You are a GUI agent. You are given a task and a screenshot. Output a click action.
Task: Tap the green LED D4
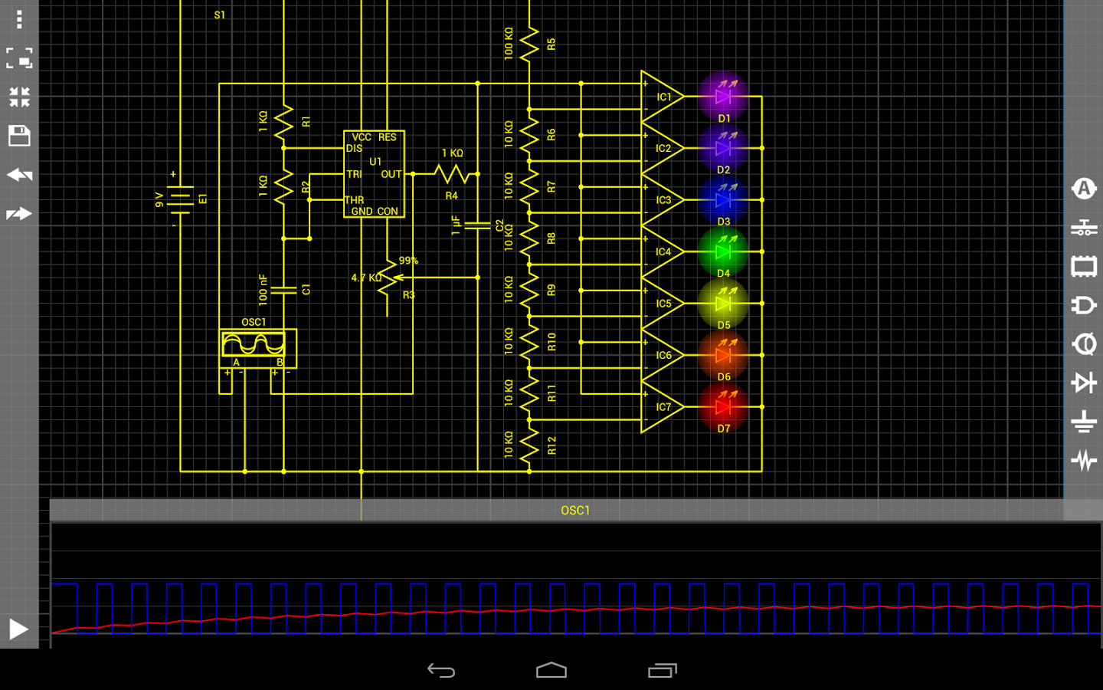[723, 251]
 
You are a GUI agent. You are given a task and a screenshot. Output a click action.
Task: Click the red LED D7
[723, 407]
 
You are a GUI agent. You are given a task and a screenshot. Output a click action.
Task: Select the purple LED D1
[723, 97]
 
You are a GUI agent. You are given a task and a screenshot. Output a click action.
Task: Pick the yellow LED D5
[723, 304]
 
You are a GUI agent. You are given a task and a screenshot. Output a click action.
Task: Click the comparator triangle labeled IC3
[660, 199]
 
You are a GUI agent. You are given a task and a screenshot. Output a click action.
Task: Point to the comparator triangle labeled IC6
[660, 355]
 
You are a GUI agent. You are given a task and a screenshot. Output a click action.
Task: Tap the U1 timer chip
[375, 174]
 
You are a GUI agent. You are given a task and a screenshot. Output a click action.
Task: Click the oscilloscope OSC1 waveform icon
[254, 344]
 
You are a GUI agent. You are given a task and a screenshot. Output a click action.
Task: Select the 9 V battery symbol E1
[180, 199]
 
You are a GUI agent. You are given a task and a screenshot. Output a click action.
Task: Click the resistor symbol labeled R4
[452, 174]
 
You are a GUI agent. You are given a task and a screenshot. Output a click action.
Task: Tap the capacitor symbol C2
[478, 225]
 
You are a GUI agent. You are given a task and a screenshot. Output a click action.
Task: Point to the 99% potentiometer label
[408, 260]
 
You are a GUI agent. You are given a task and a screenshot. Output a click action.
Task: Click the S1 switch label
[220, 15]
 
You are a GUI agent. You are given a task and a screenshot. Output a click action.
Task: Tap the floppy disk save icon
[19, 136]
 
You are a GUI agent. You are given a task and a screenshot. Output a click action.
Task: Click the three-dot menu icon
[19, 19]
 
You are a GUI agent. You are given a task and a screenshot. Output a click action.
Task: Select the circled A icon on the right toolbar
[1084, 189]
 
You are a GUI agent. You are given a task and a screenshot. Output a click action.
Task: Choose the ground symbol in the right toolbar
[1084, 422]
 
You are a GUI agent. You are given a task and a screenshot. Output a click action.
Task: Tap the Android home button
[551, 670]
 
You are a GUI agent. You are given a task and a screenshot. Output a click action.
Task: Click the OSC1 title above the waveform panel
[575, 510]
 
